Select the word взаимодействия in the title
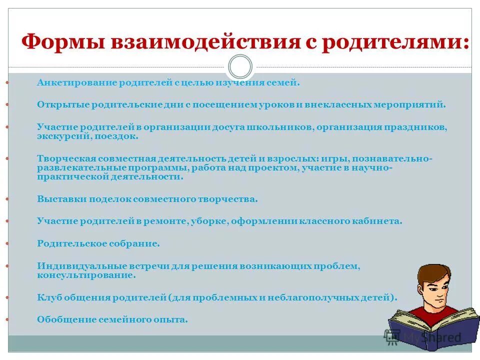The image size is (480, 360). tap(196, 42)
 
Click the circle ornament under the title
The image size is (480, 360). tap(240, 67)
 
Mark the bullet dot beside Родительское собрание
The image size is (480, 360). tap(7, 243)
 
